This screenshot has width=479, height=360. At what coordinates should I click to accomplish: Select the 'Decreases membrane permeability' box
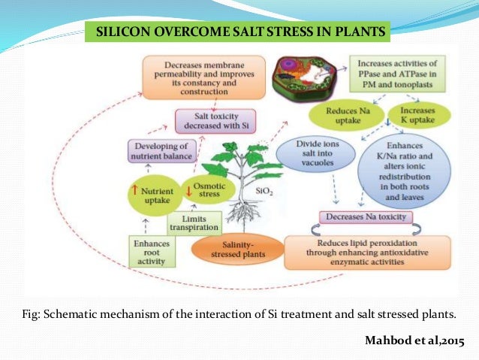pos(203,78)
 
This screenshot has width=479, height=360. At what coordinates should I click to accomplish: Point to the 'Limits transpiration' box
pos(194,222)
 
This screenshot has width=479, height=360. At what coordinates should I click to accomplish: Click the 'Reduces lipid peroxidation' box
pos(367,253)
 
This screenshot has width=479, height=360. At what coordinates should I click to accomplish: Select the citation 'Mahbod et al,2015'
pos(414,341)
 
